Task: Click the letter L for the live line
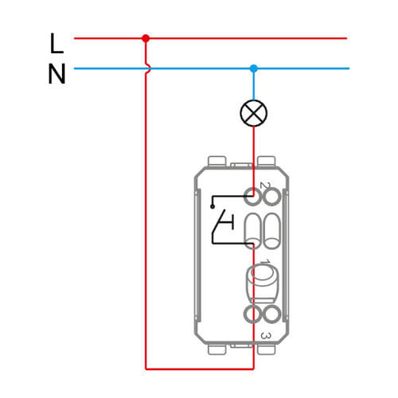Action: click(x=57, y=43)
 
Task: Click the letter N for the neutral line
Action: click(x=57, y=74)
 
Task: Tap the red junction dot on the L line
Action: click(x=146, y=38)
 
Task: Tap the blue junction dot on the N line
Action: click(x=254, y=68)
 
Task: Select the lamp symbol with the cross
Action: click(x=254, y=113)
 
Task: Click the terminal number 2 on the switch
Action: click(x=264, y=185)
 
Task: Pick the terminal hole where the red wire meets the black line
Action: click(x=252, y=197)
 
